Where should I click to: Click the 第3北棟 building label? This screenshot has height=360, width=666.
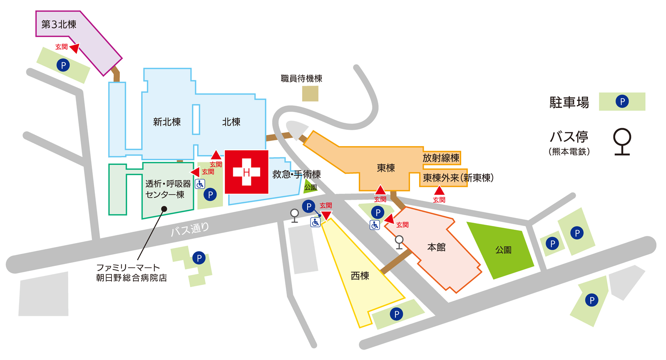click(59, 25)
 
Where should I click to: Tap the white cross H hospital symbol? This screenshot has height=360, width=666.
click(246, 172)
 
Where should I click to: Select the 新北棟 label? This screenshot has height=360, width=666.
click(167, 122)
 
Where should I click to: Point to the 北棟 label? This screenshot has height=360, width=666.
click(231, 122)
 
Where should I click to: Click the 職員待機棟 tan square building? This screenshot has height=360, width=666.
click(310, 94)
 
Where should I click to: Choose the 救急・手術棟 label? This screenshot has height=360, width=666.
click(296, 174)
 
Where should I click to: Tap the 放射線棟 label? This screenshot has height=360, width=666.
click(441, 158)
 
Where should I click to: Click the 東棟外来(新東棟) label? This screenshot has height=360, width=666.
click(458, 178)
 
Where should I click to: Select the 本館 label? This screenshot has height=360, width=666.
click(436, 248)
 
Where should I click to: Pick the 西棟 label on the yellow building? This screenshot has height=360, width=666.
click(360, 276)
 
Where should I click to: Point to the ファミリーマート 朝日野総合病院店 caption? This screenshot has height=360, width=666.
click(131, 273)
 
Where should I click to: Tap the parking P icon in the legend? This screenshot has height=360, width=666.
click(622, 101)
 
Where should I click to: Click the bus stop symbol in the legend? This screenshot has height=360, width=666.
click(622, 142)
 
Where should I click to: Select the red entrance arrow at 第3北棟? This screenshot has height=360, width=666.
click(75, 48)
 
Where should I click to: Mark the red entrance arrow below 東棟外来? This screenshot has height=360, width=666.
click(439, 191)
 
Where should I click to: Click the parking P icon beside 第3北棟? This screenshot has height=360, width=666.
click(63, 65)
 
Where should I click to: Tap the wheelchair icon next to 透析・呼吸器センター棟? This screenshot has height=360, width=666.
click(200, 184)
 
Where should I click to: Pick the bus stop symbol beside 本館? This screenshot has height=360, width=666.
click(399, 242)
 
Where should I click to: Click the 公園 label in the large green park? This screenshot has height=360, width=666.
click(503, 250)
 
